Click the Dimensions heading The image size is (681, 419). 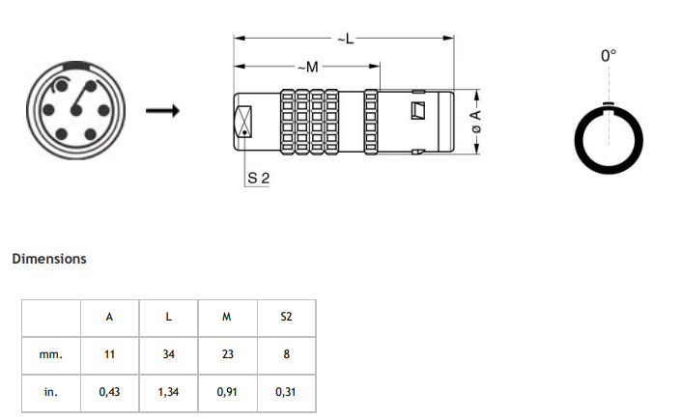tap(49, 259)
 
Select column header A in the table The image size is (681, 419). tap(109, 316)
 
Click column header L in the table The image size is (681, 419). tap(168, 316)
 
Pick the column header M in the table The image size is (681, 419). tap(227, 316)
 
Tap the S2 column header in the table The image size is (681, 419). tap(286, 316)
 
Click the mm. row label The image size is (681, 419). tap(51, 354)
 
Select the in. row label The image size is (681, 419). tap(51, 393)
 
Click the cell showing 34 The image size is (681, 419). tap(168, 354)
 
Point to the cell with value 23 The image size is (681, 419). tap(227, 354)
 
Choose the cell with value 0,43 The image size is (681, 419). tap(109, 393)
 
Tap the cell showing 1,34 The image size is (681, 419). tap(168, 393)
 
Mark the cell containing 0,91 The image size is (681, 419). tap(227, 393)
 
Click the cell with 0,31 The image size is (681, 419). tap(286, 393)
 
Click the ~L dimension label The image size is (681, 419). tap(345, 39)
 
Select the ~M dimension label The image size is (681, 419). tap(307, 67)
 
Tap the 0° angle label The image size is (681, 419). tap(608, 57)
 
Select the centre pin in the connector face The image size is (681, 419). tap(76, 112)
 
